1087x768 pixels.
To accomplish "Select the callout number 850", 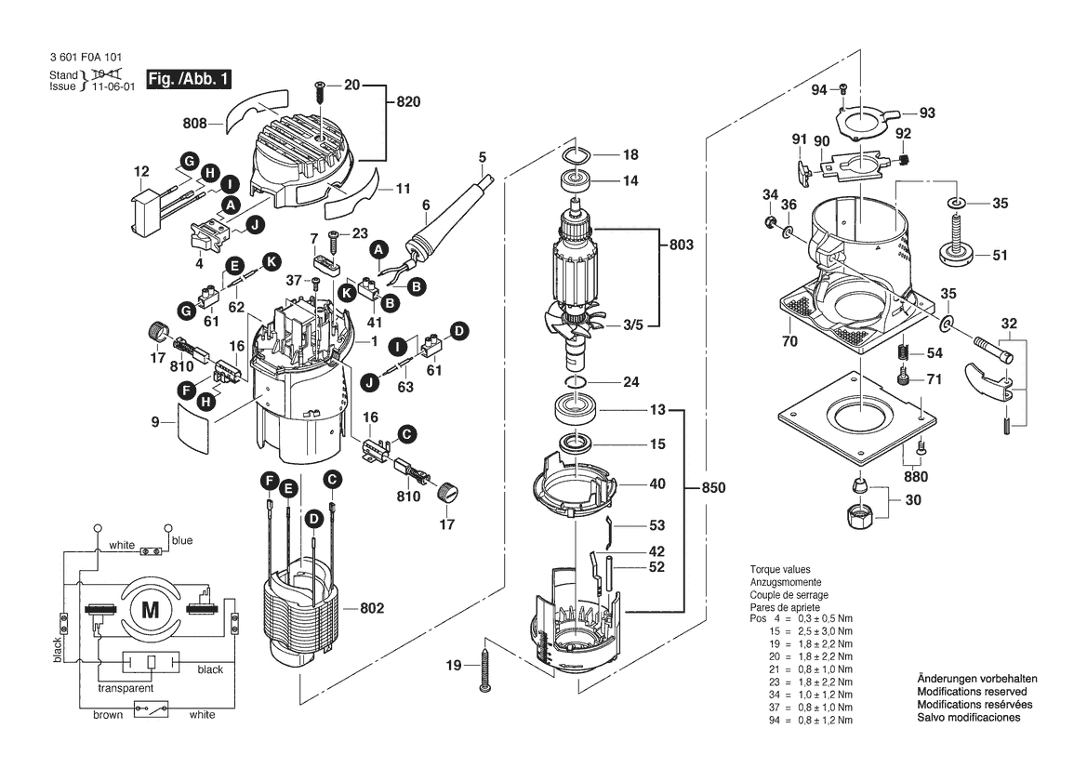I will (713, 488).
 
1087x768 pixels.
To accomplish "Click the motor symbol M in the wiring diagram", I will (150, 611).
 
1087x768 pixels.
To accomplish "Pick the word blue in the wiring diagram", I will (182, 540).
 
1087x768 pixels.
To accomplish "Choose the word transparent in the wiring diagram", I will (126, 689).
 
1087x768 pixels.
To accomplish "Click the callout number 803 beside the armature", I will (682, 245).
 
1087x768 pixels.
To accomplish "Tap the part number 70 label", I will (789, 342).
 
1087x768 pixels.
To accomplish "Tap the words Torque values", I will (780, 569).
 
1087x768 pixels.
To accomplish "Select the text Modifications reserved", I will (972, 693).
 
